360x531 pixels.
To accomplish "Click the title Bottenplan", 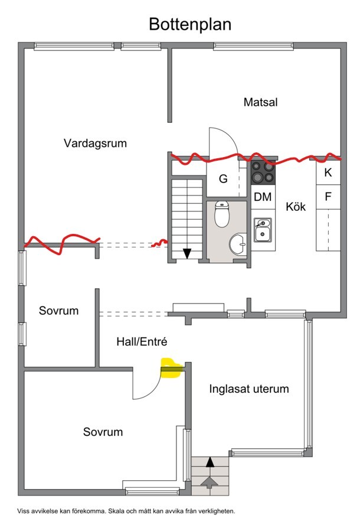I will [189, 24].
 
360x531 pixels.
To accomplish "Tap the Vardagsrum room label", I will [96, 143].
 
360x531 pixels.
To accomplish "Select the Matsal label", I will [260, 102].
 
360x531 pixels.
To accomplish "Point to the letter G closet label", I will [223, 179].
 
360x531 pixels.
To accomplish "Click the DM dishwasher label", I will [263, 197].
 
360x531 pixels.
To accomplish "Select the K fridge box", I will [328, 173].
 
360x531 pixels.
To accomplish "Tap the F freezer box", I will [328, 197].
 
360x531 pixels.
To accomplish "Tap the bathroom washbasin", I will [238, 243].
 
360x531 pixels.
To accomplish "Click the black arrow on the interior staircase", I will [187, 253].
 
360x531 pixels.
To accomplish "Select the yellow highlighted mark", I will [172, 367].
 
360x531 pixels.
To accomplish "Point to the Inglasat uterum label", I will [249, 389].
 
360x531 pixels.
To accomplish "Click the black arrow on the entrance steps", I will [210, 462].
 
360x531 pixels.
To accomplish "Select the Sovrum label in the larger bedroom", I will [103, 432].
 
